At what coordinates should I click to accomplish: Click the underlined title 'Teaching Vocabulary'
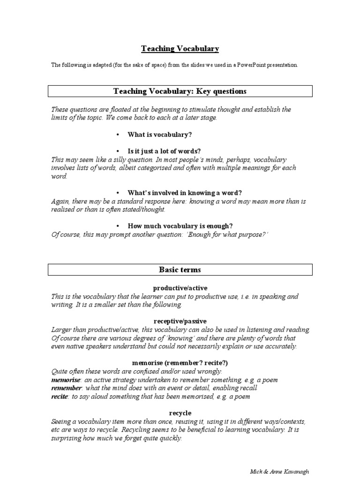180,49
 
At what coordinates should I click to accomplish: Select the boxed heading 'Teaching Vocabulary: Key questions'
180,91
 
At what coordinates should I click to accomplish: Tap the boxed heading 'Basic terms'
180,270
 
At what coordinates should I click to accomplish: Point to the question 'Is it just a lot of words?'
164,151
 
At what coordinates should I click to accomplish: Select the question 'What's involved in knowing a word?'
178,193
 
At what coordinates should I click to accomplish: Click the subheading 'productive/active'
180,288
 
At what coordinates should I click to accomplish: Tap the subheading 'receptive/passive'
180,321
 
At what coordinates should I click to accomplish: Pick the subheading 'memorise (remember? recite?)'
180,363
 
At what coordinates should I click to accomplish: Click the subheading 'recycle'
180,413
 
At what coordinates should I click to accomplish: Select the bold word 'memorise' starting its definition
66,379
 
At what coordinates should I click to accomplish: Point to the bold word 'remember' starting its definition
67,388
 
